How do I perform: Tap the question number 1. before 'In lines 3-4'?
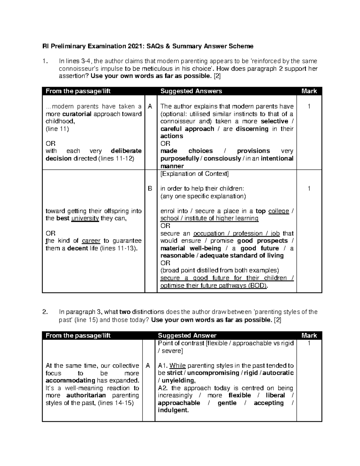point(45,61)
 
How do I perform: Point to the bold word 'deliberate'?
point(126,151)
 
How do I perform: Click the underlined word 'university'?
point(85,218)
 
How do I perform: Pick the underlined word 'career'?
point(91,241)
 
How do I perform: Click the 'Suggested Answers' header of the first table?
point(191,91)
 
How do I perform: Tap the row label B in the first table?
point(150,189)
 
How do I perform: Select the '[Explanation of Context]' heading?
point(194,174)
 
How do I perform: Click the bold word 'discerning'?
point(252,129)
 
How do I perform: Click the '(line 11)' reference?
point(57,129)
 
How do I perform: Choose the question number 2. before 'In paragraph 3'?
point(45,312)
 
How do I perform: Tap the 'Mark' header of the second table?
point(309,335)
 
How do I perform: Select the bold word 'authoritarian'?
point(86,395)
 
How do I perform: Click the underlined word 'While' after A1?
point(178,366)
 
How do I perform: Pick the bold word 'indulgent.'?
point(173,410)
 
